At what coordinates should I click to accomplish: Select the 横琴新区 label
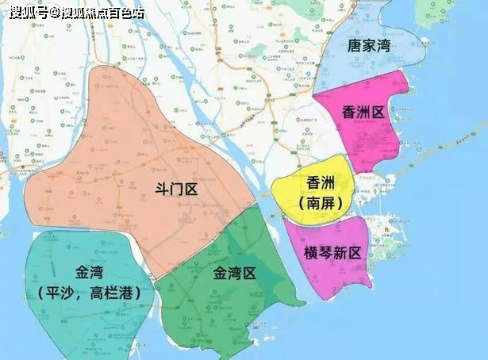[x=332, y=253]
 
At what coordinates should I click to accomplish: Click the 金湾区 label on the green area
[x=235, y=274]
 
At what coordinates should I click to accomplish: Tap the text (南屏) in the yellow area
[x=321, y=203]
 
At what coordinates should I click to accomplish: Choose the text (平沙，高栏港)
[x=89, y=293]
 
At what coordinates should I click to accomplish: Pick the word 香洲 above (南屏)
[x=321, y=183]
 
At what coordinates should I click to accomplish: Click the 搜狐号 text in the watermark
[x=23, y=12]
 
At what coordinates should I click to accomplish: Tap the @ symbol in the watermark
[x=53, y=12]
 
